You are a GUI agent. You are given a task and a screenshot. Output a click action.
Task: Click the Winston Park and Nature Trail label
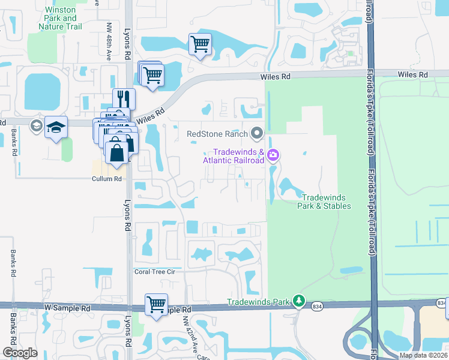61,18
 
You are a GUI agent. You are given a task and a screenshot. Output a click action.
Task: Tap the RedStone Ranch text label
217,133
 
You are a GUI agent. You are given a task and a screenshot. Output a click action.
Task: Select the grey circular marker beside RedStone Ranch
258,133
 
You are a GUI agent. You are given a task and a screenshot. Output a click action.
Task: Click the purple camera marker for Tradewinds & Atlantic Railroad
274,155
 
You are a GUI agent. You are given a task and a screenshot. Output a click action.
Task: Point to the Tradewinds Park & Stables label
324,202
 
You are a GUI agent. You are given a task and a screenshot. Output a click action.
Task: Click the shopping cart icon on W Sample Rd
156,304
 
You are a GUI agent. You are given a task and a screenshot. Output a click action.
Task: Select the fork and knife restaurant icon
124,98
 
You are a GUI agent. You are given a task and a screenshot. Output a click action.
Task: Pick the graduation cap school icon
56,127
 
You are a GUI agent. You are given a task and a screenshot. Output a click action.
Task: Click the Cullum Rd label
107,179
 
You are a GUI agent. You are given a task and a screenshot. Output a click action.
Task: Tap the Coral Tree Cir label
154,271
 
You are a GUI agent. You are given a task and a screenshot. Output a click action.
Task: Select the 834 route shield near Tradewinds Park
316,307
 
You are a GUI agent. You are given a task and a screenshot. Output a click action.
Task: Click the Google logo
20,353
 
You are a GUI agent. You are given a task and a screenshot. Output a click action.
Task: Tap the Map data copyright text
424,355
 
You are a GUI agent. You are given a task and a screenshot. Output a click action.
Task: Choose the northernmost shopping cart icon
199,43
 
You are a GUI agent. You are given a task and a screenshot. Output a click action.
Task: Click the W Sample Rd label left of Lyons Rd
67,308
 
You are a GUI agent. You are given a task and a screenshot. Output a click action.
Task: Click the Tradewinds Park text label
258,301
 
